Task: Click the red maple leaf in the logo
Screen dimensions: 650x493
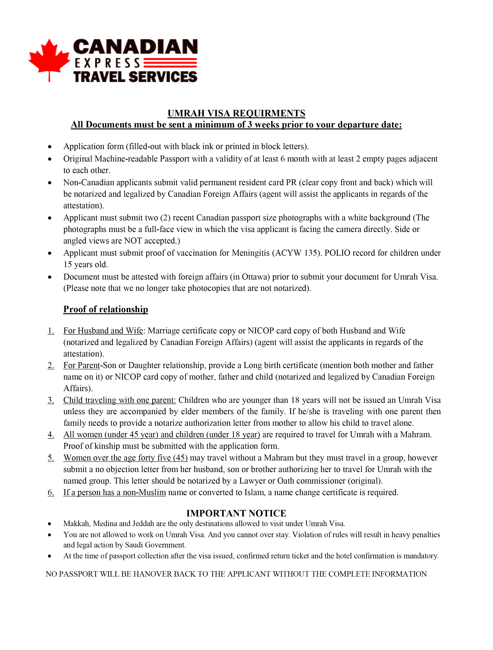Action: pyautogui.click(x=49, y=57)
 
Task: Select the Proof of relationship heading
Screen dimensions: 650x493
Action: pyautogui.click(x=106, y=309)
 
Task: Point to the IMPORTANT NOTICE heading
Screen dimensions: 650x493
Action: pyautogui.click(x=236, y=513)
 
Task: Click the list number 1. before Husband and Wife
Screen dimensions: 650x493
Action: pyautogui.click(x=51, y=331)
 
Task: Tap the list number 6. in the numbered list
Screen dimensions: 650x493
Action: pyautogui.click(x=51, y=493)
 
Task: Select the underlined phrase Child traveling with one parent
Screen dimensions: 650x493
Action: pyautogui.click(x=119, y=400)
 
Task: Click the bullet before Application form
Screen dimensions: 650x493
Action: pyautogui.click(x=50, y=147)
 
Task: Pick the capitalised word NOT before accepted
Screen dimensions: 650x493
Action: pyautogui.click(x=133, y=241)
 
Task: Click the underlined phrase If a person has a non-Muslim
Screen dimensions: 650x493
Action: pyautogui.click(x=115, y=493)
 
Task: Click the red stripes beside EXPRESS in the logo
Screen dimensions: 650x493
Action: pyautogui.click(x=170, y=63)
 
